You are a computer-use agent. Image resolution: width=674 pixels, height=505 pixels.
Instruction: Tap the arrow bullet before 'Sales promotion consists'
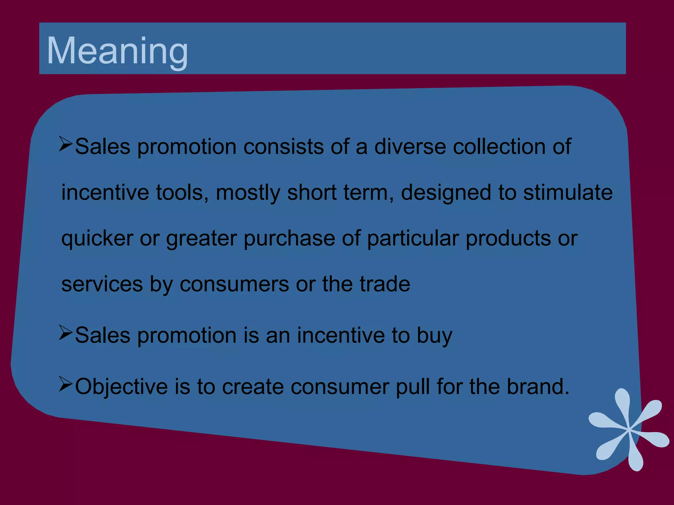(65, 144)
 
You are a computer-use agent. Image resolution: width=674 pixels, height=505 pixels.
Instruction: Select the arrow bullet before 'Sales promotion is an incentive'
(65, 333)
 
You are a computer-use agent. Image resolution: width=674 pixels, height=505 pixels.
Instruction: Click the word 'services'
(102, 284)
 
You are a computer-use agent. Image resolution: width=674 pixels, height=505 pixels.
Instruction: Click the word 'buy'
(434, 336)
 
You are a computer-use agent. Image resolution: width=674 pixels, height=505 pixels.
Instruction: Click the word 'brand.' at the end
(538, 387)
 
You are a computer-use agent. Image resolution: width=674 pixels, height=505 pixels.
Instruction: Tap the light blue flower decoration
(629, 429)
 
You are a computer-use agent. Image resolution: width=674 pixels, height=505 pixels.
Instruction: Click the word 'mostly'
(248, 193)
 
